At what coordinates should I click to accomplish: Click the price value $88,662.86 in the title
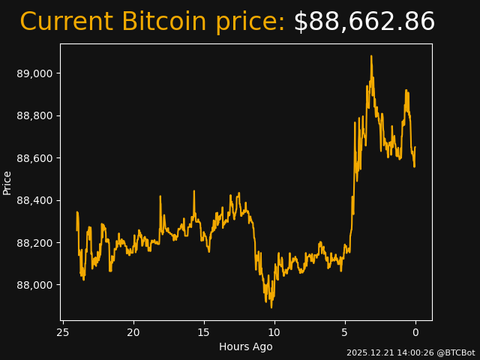tap(364, 22)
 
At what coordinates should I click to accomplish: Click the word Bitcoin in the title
tap(163, 22)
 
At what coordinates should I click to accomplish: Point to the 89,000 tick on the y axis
tap(36, 73)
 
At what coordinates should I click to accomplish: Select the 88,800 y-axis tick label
tap(36, 115)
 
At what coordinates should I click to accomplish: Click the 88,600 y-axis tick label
tap(36, 158)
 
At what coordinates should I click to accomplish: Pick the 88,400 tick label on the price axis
tap(36, 200)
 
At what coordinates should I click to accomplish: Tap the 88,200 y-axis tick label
tap(36, 243)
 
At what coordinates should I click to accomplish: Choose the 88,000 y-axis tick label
tap(36, 285)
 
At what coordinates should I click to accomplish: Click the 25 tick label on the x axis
tap(63, 332)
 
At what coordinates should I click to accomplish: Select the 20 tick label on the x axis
tap(133, 332)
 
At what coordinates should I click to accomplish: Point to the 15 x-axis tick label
tap(204, 332)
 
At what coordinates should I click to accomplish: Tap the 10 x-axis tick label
tap(274, 332)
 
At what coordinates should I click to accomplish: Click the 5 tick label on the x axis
tap(345, 332)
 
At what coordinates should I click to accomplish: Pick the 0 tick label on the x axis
tap(415, 332)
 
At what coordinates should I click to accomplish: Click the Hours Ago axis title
tap(245, 346)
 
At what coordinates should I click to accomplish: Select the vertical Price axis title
tap(7, 182)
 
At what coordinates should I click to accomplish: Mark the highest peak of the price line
tap(370, 56)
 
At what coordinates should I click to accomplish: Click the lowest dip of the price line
tap(271, 307)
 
